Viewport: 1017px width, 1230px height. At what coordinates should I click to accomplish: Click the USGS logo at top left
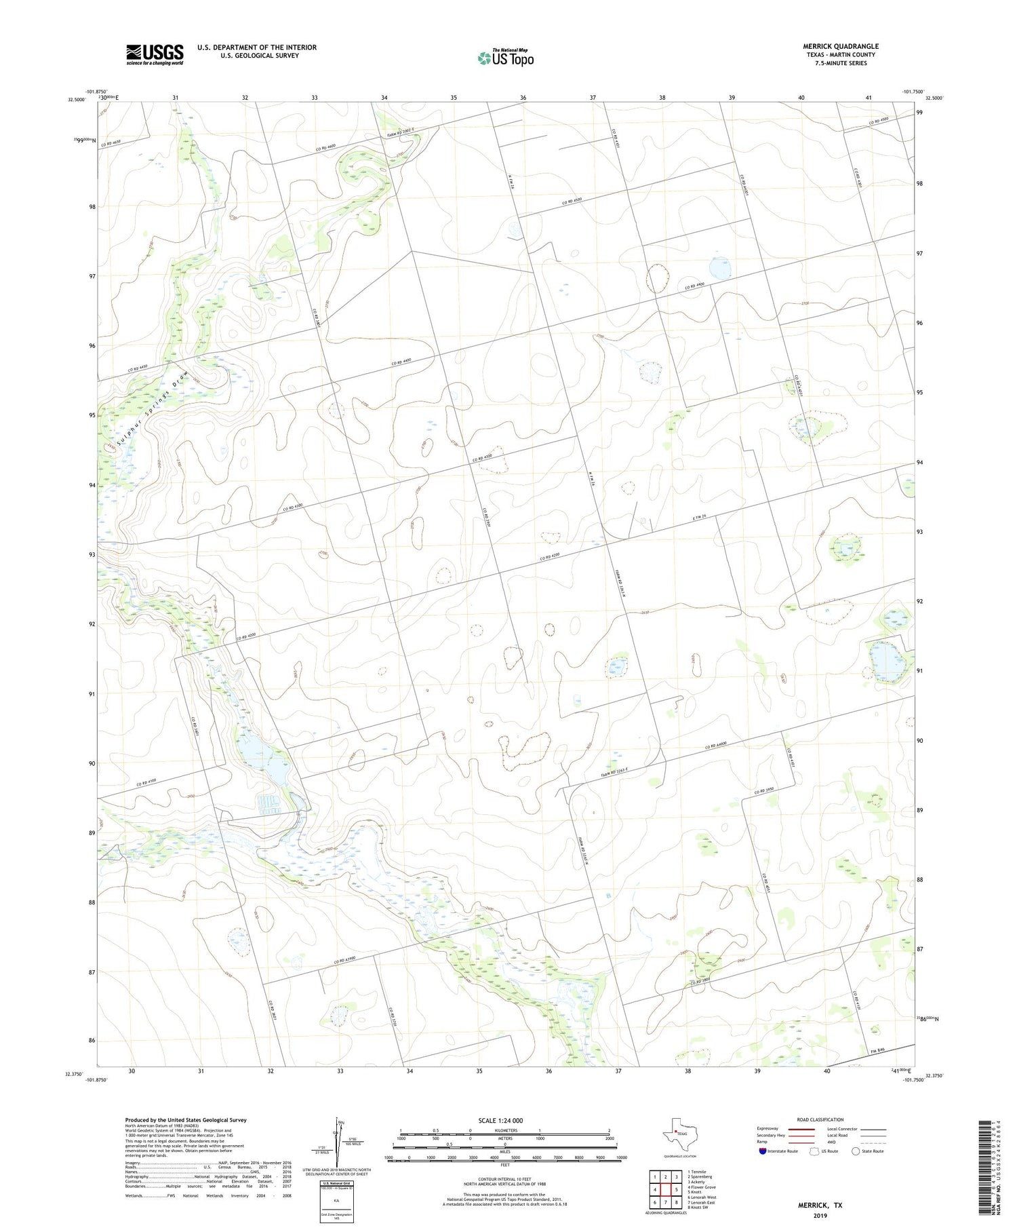coord(155,54)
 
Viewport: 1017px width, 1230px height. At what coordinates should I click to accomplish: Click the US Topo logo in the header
coord(505,58)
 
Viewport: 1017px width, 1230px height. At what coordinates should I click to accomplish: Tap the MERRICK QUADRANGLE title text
coord(840,46)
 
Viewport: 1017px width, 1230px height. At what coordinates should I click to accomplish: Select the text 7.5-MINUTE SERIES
coord(840,63)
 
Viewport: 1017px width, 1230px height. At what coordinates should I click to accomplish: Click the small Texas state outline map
coord(677,1134)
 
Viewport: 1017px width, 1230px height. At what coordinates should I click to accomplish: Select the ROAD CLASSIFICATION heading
coord(820,1119)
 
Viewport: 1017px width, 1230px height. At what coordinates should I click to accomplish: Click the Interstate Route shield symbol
coord(763,1151)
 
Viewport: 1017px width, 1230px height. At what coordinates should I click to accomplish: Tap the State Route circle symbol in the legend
coord(856,1151)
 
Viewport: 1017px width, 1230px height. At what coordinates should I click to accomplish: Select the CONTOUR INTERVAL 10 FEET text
coord(505,1179)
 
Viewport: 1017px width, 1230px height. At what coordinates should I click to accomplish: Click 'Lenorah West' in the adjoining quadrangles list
coord(702,1197)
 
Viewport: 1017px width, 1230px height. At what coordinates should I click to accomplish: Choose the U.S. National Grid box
coord(337,1202)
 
